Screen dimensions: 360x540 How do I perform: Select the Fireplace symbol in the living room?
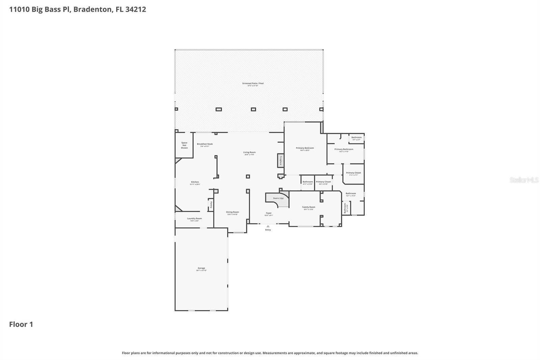(280, 160)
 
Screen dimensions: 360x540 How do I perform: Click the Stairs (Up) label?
(278, 198)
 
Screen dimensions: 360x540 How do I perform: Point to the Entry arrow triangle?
(268, 226)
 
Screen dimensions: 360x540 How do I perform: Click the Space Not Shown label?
(184, 145)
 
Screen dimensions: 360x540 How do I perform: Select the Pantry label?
(211, 204)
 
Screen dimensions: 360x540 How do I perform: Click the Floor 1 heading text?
(21, 325)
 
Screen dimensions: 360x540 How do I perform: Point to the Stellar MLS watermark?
(524, 180)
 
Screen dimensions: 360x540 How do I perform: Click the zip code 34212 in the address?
(135, 9)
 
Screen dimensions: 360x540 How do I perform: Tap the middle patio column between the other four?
(253, 109)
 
